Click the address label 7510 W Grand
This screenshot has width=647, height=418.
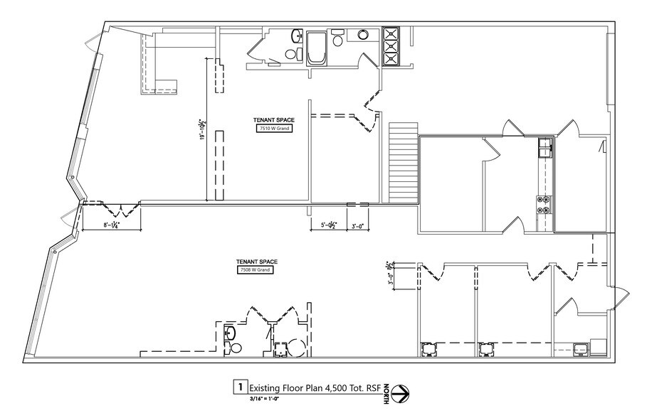[x=273, y=129]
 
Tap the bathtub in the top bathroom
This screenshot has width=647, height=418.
[x=315, y=49]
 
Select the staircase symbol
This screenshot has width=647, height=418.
[x=403, y=162]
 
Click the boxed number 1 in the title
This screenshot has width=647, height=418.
[x=241, y=387]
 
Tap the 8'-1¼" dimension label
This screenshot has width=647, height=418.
[x=110, y=225]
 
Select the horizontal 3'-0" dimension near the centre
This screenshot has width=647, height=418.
[x=357, y=226]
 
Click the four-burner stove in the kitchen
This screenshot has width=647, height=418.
[x=545, y=205]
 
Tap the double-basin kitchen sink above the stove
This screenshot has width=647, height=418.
[x=545, y=147]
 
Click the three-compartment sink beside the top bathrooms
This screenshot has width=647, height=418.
[x=391, y=46]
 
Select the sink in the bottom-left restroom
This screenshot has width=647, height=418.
[x=229, y=332]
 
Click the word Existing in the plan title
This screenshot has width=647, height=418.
[x=268, y=387]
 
